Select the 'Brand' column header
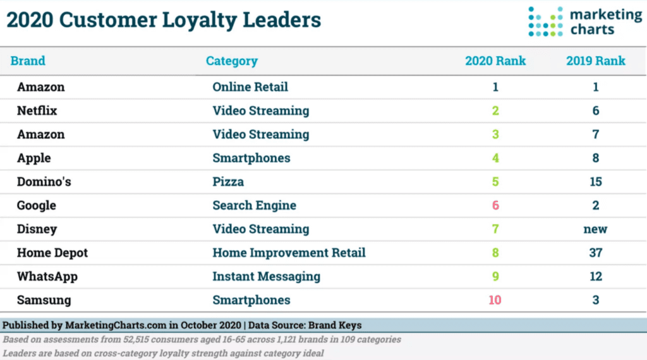tap(28, 61)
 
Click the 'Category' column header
tap(232, 61)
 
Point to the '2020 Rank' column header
tap(495, 61)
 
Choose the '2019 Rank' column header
tap(595, 61)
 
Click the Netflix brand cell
tap(37, 111)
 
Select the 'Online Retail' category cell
tap(250, 87)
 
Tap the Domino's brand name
tap(44, 182)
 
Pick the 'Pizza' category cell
tap(228, 182)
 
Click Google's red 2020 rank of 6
tap(495, 205)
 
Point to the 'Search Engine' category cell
tap(254, 205)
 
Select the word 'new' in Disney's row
tap(595, 229)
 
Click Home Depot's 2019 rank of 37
tap(595, 253)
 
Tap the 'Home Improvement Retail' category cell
tap(289, 253)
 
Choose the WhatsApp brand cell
tap(47, 277)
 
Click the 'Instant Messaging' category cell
tap(266, 277)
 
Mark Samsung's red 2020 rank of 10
tap(495, 300)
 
